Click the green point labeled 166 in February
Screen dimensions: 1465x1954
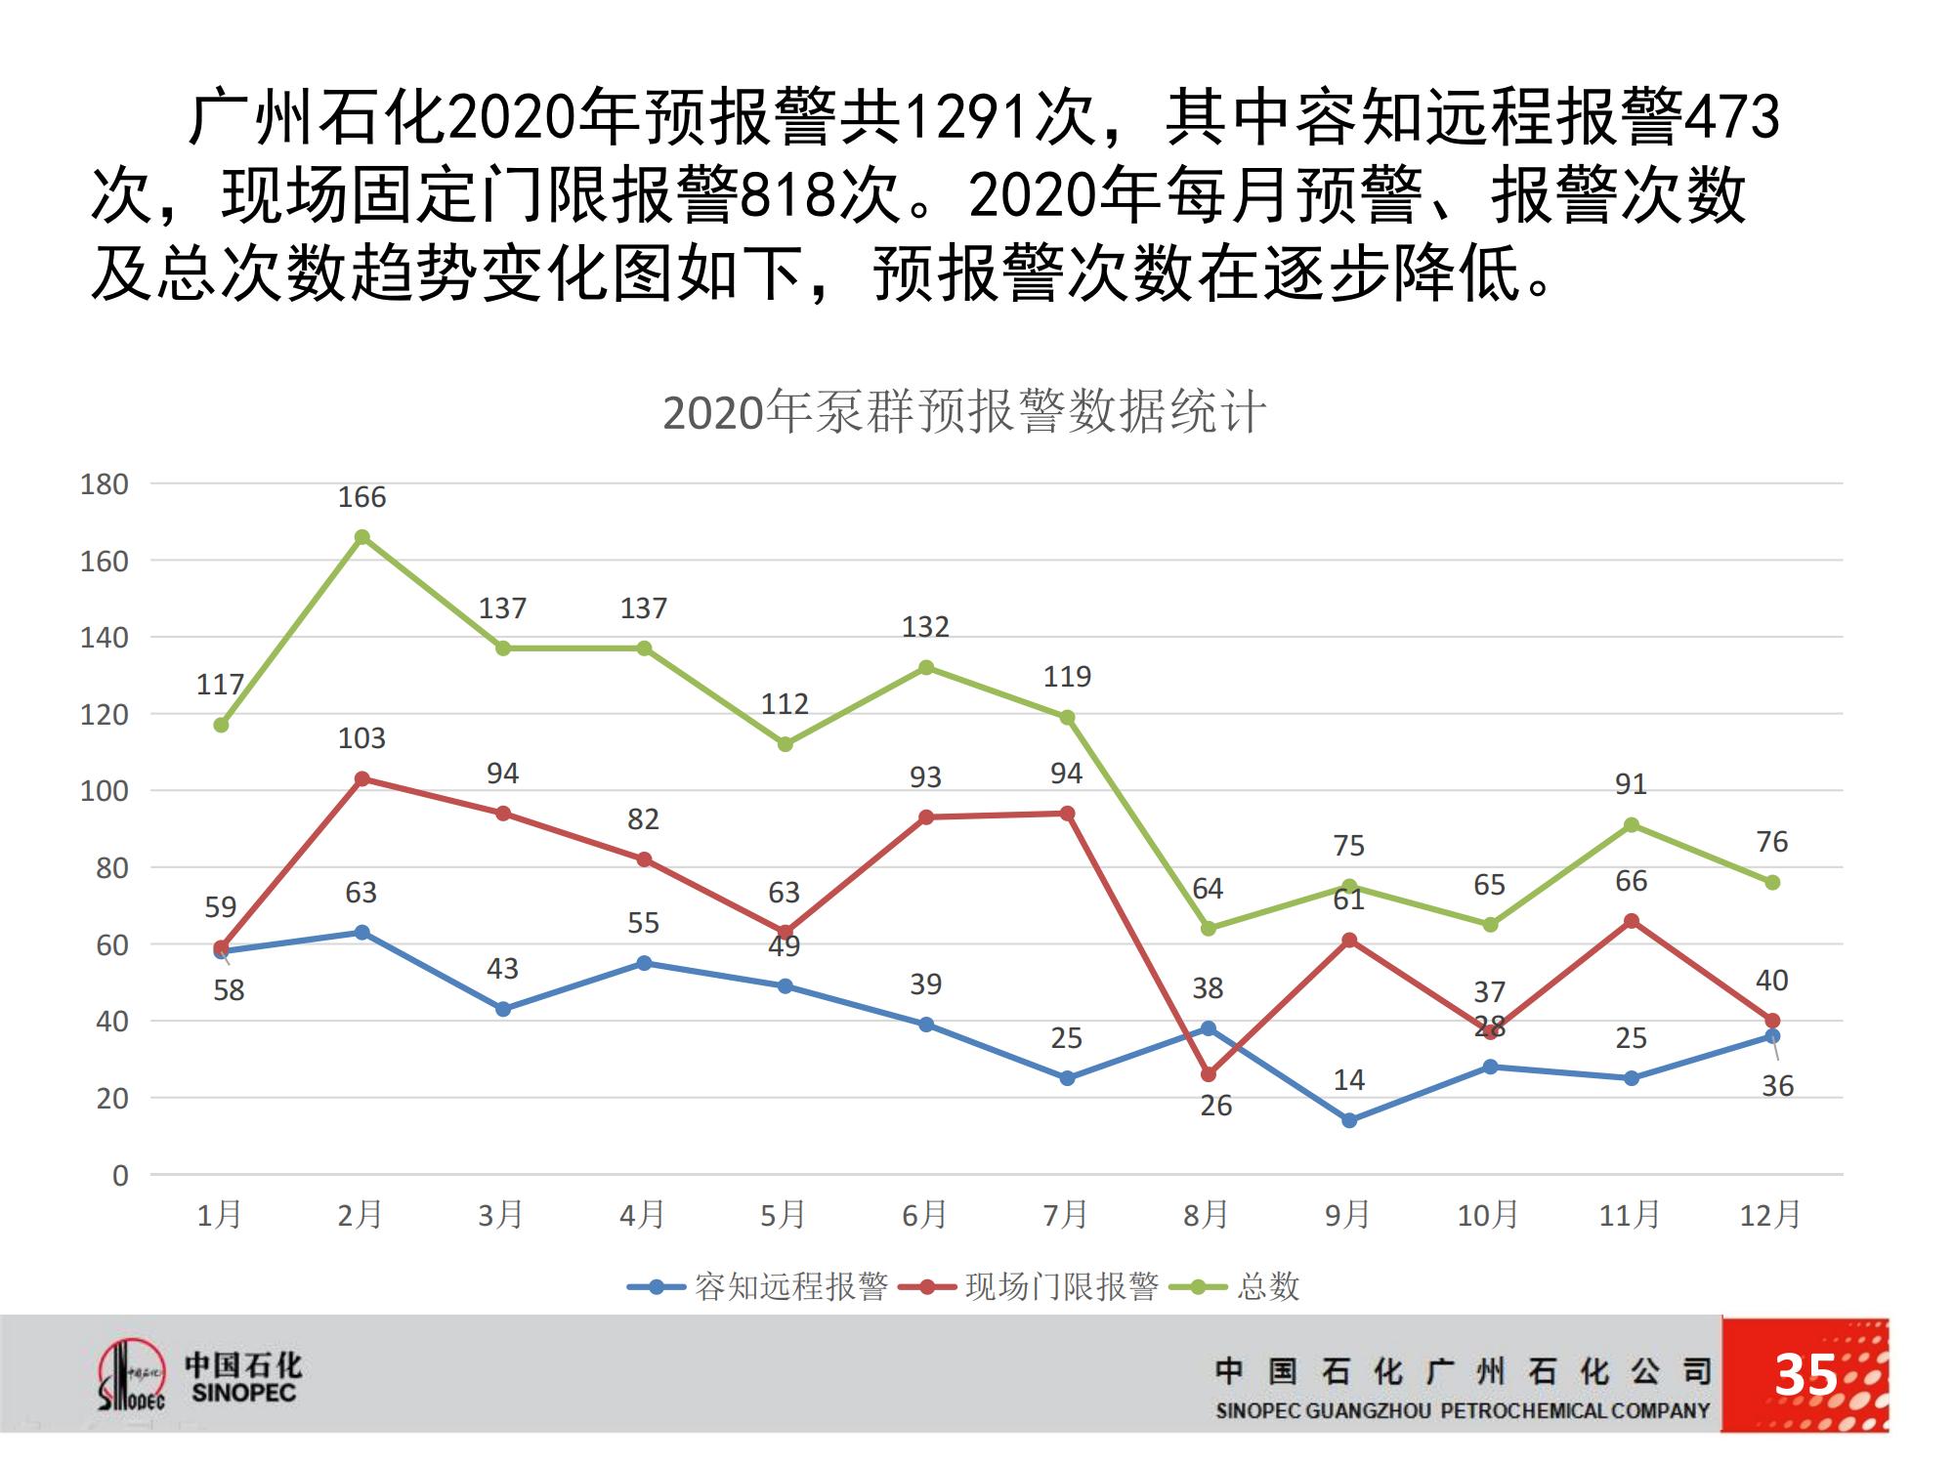pyautogui.click(x=361, y=537)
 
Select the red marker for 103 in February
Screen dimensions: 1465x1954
pyautogui.click(x=361, y=778)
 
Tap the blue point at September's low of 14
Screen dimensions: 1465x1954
pyautogui.click(x=1349, y=1120)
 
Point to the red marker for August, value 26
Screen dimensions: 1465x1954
pyautogui.click(x=1209, y=1074)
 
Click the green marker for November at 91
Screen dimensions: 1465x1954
pyautogui.click(x=1631, y=825)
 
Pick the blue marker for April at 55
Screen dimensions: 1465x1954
pyautogui.click(x=644, y=963)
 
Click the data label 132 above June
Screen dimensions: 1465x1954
pyautogui.click(x=925, y=627)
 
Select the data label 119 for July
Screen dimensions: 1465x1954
pyautogui.click(x=1067, y=677)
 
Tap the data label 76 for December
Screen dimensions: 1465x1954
pyautogui.click(x=1771, y=842)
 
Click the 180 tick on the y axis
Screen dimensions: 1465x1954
pyautogui.click(x=105, y=484)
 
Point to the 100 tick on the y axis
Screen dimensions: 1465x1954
pyautogui.click(x=105, y=791)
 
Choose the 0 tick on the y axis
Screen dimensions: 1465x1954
pyautogui.click(x=119, y=1175)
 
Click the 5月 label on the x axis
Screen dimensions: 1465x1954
pyautogui.click(x=784, y=1215)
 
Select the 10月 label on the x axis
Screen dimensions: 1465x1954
pyautogui.click(x=1488, y=1215)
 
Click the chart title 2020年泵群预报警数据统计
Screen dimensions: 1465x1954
pyautogui.click(x=964, y=412)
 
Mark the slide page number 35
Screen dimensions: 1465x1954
pyautogui.click(x=1805, y=1375)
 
